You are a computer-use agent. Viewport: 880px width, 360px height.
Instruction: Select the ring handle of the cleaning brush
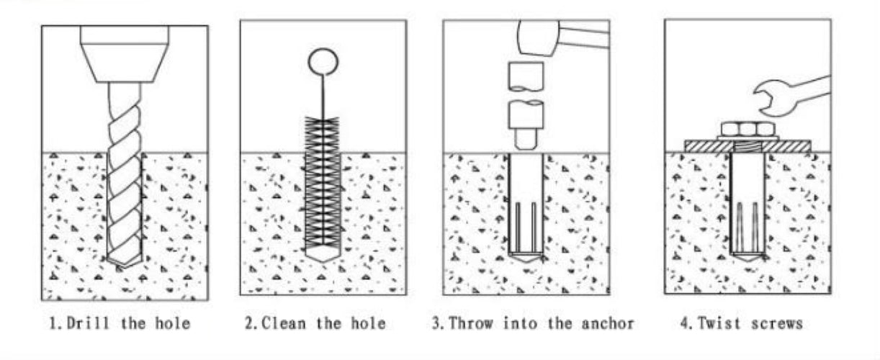pos(322,60)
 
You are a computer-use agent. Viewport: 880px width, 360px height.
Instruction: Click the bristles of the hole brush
pos(322,180)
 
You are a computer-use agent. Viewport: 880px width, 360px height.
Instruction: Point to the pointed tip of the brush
pos(322,255)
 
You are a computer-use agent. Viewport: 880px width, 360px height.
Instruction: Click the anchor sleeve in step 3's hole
pos(525,209)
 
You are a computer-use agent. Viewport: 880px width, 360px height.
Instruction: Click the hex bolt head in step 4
pos(747,129)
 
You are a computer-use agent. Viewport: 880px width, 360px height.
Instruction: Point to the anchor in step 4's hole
pos(747,209)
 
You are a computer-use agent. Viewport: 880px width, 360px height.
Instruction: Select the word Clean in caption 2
pos(284,323)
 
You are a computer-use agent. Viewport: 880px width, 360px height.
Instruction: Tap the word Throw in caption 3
pos(472,323)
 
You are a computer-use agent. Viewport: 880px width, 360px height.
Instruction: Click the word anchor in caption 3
pos(610,323)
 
